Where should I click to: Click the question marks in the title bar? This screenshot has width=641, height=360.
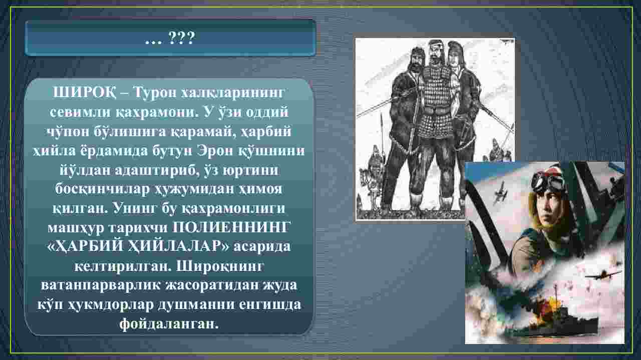click(182, 38)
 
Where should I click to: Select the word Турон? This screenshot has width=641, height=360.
click(155, 93)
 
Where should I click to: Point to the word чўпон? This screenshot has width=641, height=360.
click(67, 131)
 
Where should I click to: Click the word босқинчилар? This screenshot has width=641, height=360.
click(102, 189)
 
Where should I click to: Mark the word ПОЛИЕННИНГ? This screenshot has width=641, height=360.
click(231, 227)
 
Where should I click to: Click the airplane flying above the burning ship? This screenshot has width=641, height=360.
click(602, 275)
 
